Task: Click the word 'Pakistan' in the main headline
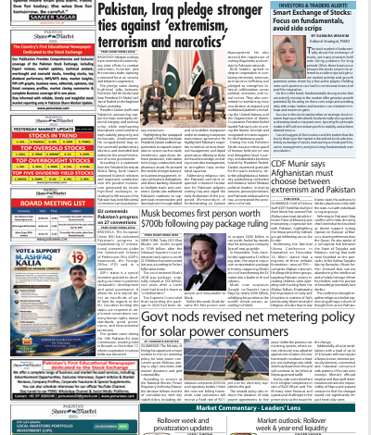(x=111, y=10)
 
